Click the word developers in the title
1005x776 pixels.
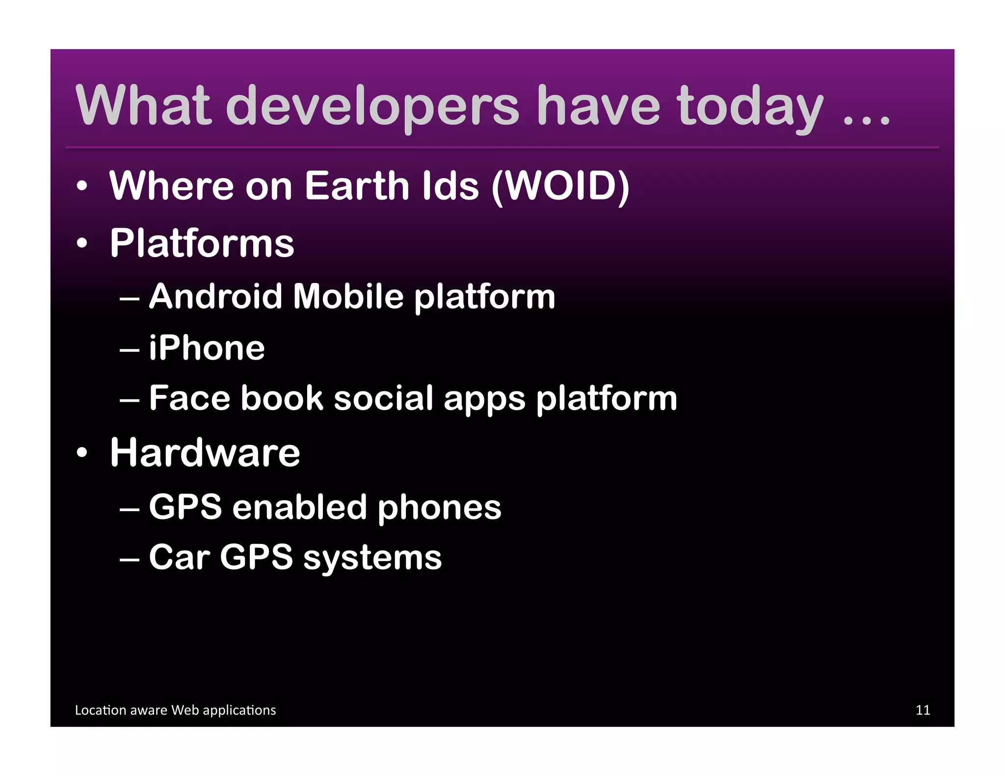(371, 106)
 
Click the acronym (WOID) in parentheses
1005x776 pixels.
(560, 186)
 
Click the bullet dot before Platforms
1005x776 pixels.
(82, 242)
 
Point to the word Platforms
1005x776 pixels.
(202, 243)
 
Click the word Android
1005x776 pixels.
(215, 296)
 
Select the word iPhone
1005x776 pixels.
(207, 348)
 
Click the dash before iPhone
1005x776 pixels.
(130, 350)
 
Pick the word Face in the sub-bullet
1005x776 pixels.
(189, 398)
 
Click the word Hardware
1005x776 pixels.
(205, 452)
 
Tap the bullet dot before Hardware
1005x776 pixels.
(82, 452)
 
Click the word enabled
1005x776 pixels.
(299, 507)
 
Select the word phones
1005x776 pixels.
(439, 508)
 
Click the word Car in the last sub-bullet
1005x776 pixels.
(179, 557)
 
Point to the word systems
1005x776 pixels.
(372, 559)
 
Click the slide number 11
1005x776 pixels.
(923, 710)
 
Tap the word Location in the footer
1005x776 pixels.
(101, 710)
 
